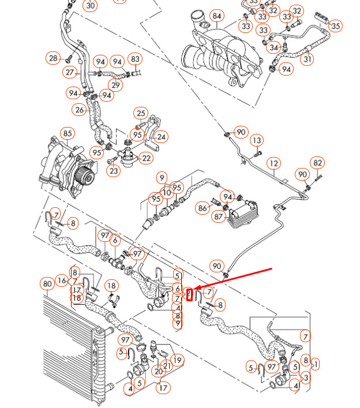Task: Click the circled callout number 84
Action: (x=216, y=16)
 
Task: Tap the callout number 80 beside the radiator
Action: (x=47, y=284)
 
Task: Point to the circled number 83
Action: (x=136, y=59)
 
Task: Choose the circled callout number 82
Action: (x=318, y=163)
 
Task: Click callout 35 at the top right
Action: (x=336, y=25)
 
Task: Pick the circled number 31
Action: (x=308, y=58)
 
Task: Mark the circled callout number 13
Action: (x=257, y=140)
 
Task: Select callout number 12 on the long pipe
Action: (x=273, y=164)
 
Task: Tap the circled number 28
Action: (x=54, y=58)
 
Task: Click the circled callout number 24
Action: (x=161, y=137)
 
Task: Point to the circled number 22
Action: (x=147, y=158)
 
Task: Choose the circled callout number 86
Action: (x=202, y=208)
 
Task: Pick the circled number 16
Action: (x=62, y=281)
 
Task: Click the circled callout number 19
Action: (x=178, y=360)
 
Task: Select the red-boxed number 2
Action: (x=189, y=295)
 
